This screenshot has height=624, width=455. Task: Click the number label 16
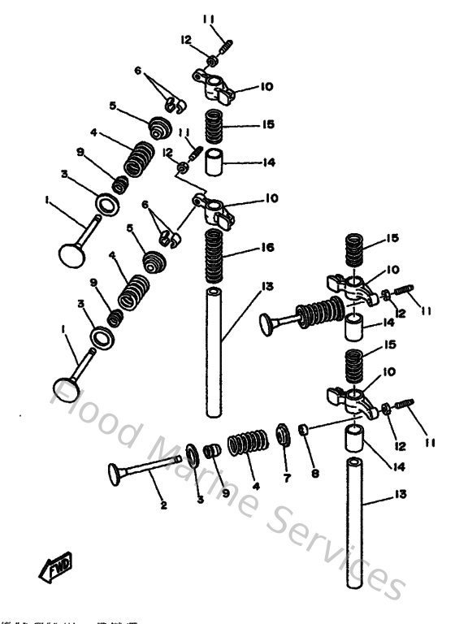click(x=269, y=246)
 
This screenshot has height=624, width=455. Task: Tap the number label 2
click(x=163, y=505)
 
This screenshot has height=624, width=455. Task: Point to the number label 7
click(x=286, y=479)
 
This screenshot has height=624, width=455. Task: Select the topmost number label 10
click(x=269, y=86)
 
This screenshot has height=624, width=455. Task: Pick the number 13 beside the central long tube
click(x=269, y=287)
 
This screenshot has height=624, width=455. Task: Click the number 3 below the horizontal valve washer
click(x=201, y=500)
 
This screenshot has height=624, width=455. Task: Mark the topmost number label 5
click(x=113, y=105)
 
